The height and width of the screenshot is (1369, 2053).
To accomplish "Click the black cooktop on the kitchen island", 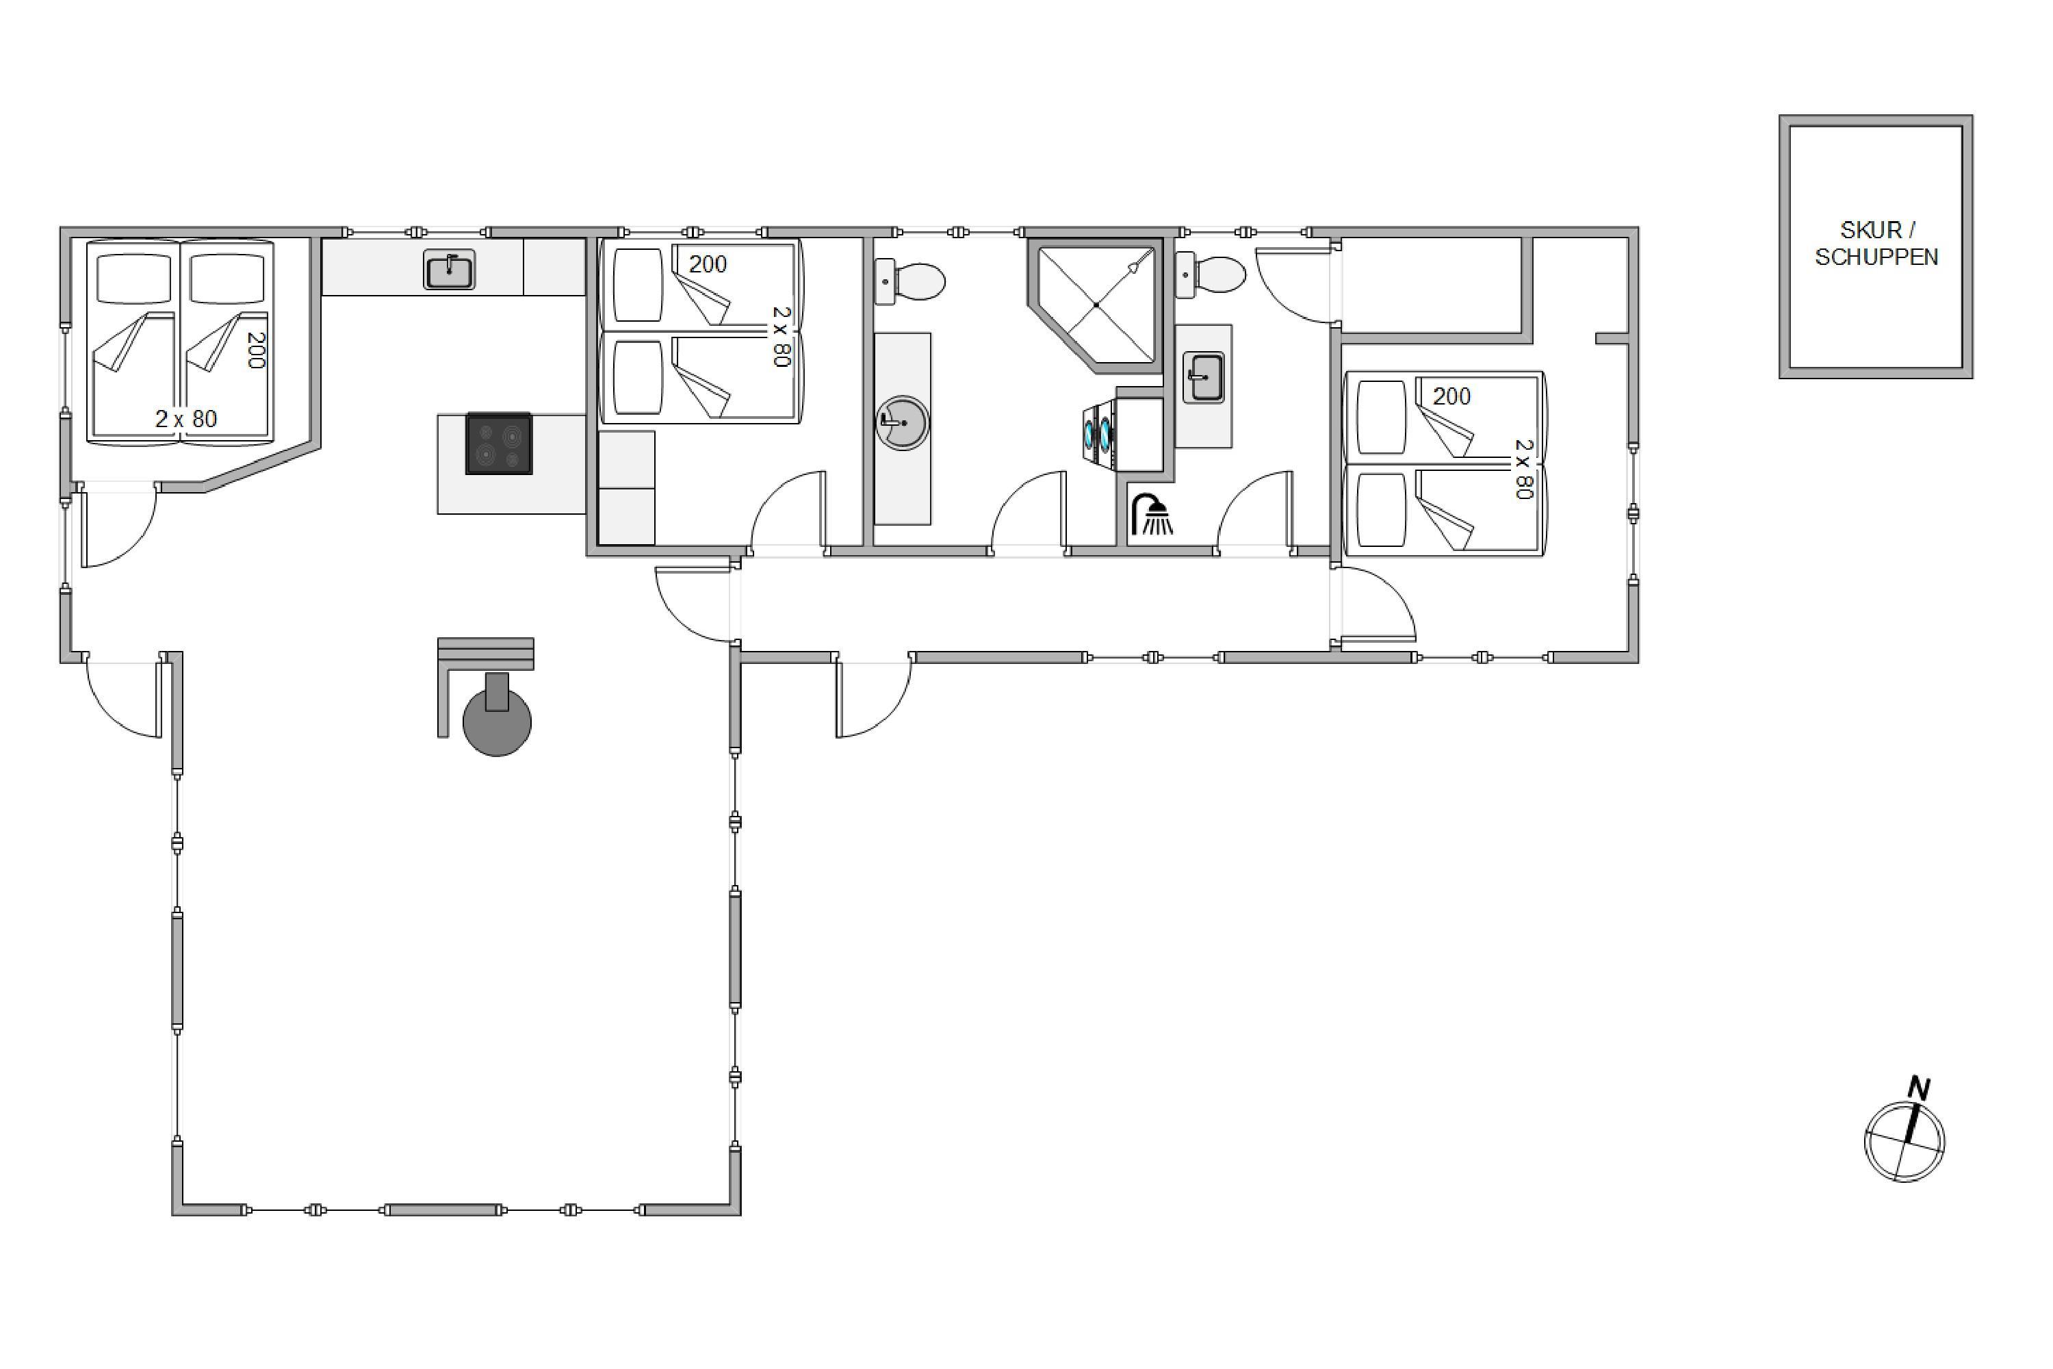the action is click(498, 444).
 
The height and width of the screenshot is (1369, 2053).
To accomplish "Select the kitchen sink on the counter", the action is click(450, 269).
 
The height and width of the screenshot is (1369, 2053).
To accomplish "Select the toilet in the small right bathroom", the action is click(1210, 274).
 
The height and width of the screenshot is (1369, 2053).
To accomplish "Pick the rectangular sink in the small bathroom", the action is click(1204, 377).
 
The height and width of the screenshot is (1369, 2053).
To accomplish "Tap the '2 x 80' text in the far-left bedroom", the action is click(186, 419).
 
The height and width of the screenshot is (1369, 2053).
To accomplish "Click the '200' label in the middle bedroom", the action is click(708, 264).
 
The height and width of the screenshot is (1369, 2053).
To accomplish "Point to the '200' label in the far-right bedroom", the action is click(1451, 396).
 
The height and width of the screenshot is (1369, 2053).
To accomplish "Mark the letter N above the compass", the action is click(1918, 1088).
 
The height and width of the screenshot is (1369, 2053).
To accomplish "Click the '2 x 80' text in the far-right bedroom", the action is click(1523, 469).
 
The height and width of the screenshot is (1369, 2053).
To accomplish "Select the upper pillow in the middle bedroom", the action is click(638, 285).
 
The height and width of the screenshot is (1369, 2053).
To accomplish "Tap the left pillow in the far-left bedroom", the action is click(133, 279).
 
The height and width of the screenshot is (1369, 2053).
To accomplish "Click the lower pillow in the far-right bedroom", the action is click(1382, 511).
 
